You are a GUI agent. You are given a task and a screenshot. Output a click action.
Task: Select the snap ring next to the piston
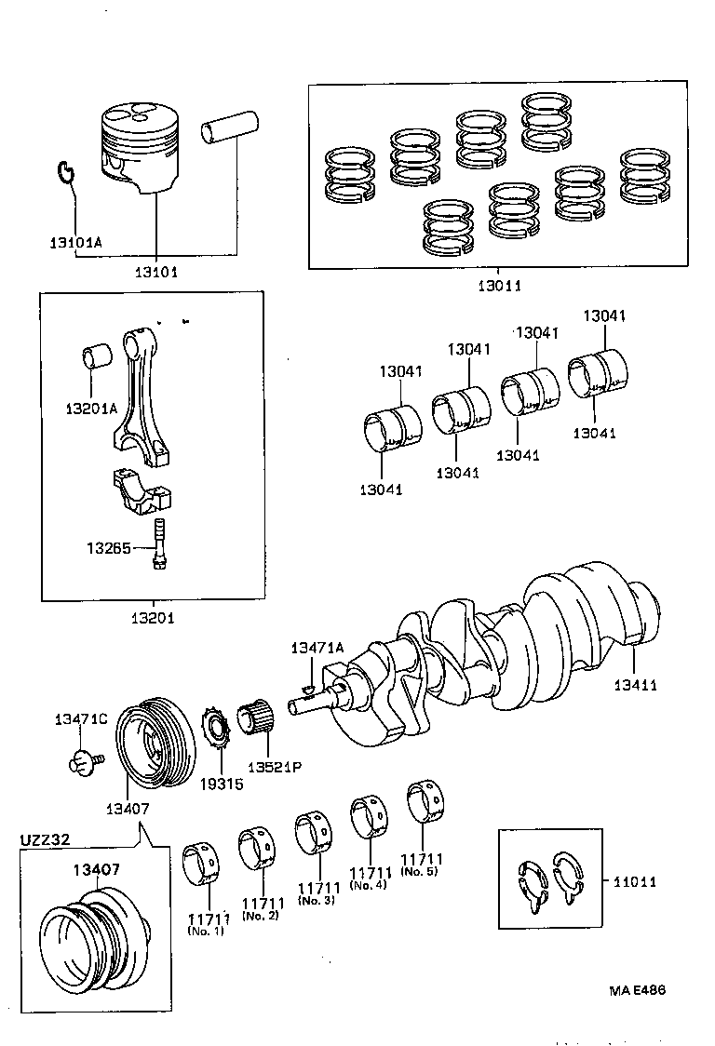pos(64,171)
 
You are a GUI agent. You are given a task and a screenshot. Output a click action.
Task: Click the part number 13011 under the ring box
pos(497,287)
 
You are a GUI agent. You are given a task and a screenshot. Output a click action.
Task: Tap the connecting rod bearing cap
pos(142,493)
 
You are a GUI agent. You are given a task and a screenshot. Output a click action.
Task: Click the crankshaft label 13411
pos(635,686)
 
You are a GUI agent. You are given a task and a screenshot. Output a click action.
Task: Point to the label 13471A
pos(317,648)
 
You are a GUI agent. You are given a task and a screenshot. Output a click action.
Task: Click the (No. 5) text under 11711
pos(421,872)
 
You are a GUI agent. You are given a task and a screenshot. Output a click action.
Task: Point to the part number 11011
pos(635,881)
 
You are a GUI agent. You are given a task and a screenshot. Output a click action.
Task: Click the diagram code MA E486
pos(637,992)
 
